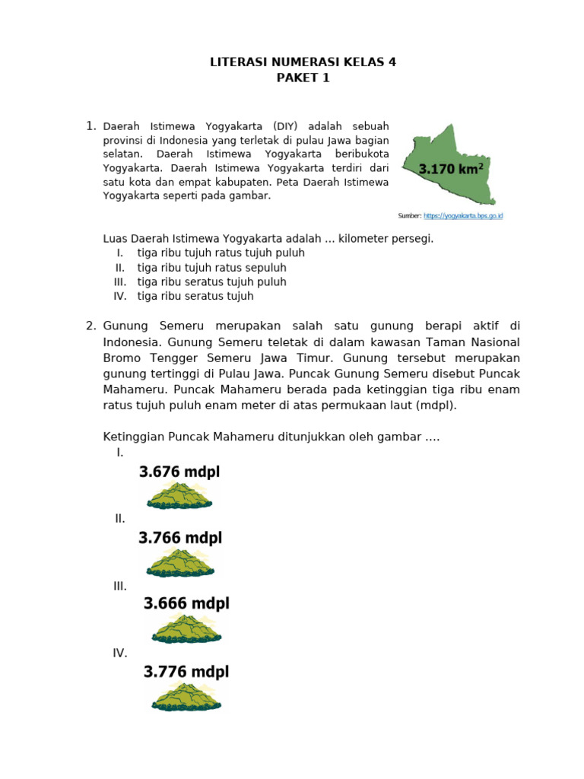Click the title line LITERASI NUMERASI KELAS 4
[303, 63]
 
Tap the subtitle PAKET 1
[303, 78]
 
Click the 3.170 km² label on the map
[452, 169]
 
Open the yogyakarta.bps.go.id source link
[462, 216]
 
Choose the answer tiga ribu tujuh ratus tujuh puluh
[221, 253]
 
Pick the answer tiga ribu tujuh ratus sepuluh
[211, 268]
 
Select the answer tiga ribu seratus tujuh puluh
[211, 281]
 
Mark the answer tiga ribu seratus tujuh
[195, 296]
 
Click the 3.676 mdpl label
[179, 472]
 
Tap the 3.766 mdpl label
[180, 538]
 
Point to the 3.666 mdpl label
[186, 604]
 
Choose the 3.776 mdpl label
[186, 672]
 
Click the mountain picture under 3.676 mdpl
[179, 496]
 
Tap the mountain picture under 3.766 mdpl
[180, 563]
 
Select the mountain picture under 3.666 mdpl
[186, 629]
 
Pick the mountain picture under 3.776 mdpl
[186, 697]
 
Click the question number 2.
[90, 326]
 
